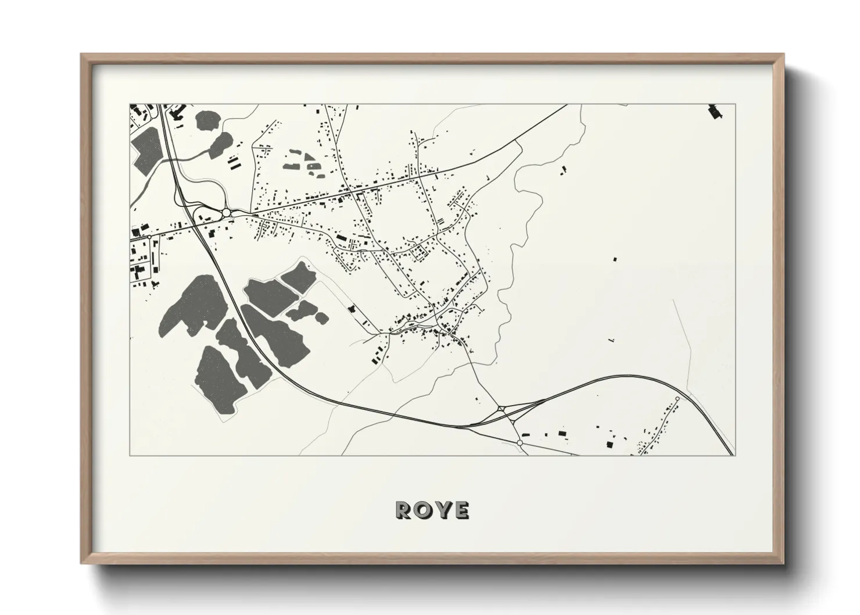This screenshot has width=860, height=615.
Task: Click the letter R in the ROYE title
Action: point(403,510)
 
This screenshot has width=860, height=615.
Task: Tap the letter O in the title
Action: point(423,510)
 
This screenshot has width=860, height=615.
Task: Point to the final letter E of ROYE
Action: point(462,510)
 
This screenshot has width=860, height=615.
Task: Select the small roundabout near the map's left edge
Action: point(149,237)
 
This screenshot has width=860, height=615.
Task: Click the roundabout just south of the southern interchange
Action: point(519,443)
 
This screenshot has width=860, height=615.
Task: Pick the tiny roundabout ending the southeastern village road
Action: point(677,399)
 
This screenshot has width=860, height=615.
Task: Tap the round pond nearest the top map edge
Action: point(207,120)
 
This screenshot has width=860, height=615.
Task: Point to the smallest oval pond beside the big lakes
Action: point(321,318)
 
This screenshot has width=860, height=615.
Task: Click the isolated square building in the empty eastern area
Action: point(615,259)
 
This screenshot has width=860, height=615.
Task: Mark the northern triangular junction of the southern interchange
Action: point(500,409)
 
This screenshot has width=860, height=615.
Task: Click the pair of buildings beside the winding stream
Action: point(563,170)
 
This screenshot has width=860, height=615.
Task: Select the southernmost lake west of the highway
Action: point(216,378)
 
